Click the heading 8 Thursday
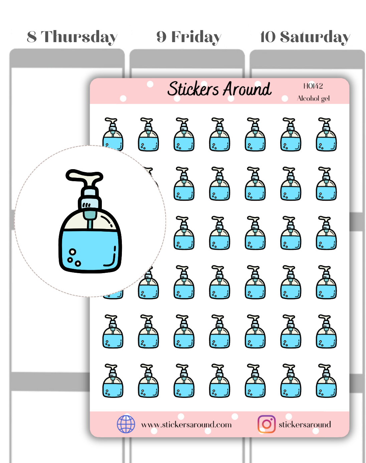72,37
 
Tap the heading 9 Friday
189,37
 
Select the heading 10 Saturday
305,37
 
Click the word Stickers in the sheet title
193,89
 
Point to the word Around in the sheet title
247,89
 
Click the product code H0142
313,86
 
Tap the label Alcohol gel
313,99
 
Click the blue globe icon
126,424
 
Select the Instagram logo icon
266,424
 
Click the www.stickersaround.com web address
186,425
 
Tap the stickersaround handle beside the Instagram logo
305,425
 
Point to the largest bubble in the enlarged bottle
72,252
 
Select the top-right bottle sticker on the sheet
326,134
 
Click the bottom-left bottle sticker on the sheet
113,381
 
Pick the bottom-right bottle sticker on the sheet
326,381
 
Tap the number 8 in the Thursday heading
32,37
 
